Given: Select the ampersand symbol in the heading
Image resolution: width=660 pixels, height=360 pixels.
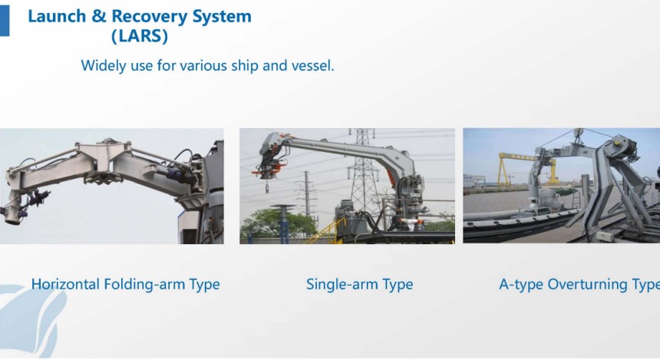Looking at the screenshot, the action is coord(98,16).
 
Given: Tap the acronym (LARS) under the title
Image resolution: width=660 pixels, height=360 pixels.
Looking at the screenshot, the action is coord(140,36).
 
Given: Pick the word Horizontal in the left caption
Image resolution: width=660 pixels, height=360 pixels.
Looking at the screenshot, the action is coord(65,284).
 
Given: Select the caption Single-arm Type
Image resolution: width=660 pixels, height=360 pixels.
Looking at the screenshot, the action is coord(359,285).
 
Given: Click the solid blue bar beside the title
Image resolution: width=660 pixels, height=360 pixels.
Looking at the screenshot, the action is coord(4,20).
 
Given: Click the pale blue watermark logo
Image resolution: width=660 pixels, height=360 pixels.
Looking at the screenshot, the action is coord(31,320).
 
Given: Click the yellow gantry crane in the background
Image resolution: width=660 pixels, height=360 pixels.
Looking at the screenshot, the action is coord(527,169).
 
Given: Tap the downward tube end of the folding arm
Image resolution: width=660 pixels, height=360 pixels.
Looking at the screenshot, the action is coord(12,213).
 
